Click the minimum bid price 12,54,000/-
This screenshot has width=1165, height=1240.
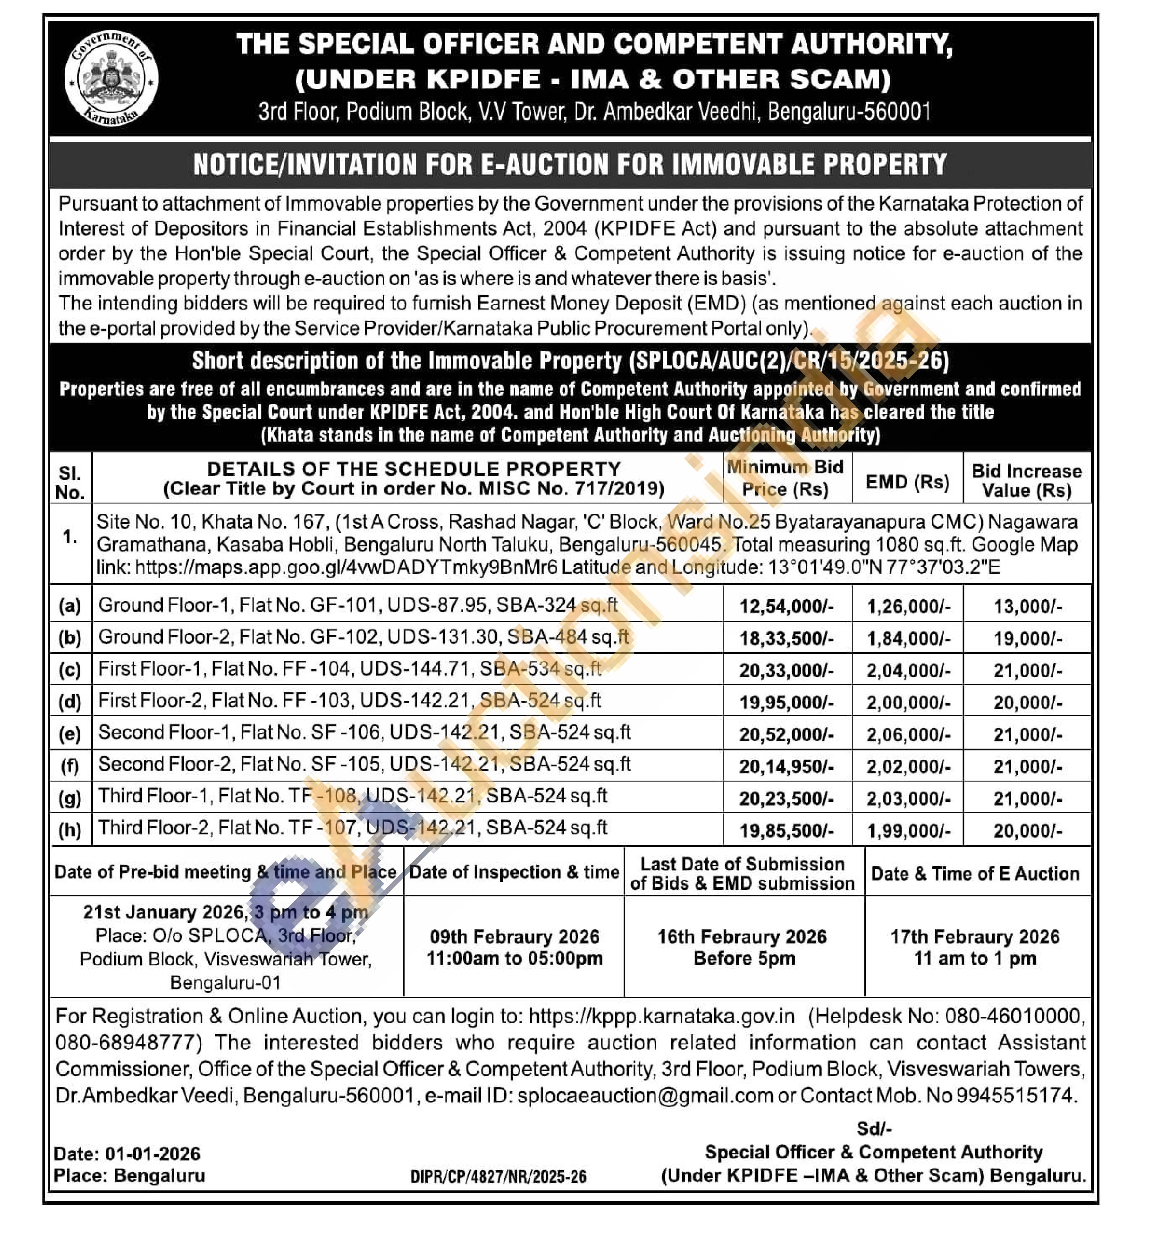tap(786, 606)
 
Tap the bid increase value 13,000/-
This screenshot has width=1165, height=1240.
tap(1027, 606)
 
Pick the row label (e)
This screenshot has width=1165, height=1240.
tap(70, 734)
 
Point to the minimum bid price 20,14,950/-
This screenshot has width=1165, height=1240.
tap(786, 767)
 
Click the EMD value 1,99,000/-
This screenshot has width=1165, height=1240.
tap(908, 831)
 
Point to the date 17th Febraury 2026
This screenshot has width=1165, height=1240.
tap(975, 937)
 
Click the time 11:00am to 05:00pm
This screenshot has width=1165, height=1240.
tap(515, 959)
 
